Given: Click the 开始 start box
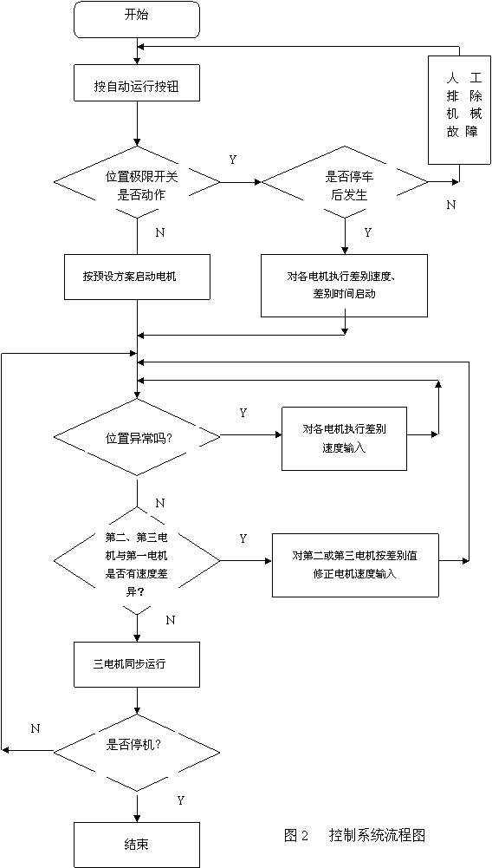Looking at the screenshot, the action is pos(136,21).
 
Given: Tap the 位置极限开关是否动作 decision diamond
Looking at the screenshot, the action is pos(137,182).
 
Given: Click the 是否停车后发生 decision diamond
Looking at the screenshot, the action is pos(345,182).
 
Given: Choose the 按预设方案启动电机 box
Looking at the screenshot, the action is pos(137,277).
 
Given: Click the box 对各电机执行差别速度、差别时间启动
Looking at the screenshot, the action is pos(345,285).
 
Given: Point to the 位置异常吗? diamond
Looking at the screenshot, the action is pos(137,437).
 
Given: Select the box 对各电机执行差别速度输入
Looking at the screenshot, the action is pos(344,439).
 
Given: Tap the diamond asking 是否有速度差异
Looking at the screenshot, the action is pos(137,561).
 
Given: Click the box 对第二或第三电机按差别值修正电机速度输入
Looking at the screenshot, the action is pos(355,565).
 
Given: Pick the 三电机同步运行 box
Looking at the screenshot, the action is pos(137,663).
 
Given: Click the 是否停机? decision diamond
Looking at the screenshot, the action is pos(137,751).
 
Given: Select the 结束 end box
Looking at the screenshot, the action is pos(136,845).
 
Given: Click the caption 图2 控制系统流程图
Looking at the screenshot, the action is pos(354,835).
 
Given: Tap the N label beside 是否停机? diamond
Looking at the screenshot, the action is pos(36,728).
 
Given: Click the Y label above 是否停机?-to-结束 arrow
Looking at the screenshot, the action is pos(180,800).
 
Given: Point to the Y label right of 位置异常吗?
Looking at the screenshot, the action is pos(243,413).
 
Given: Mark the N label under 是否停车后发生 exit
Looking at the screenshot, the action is pos(451,205).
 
